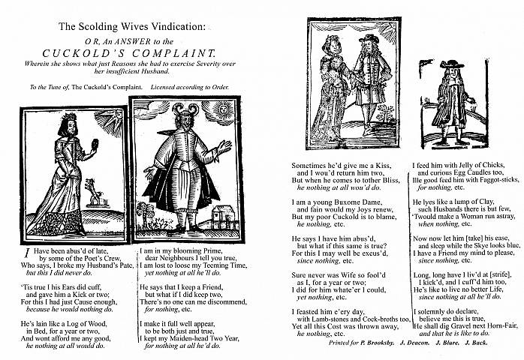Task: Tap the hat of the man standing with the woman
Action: pyautogui.click(x=367, y=38)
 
